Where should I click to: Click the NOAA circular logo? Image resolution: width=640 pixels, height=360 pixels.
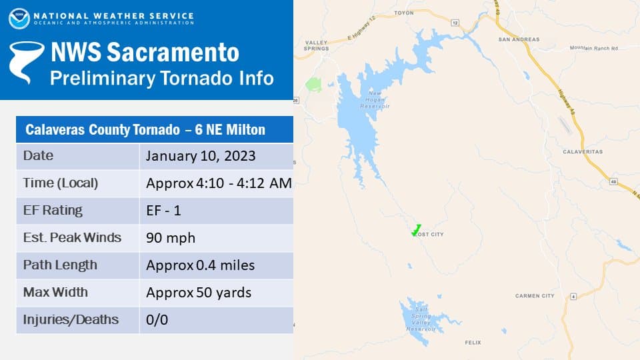coord(19,18)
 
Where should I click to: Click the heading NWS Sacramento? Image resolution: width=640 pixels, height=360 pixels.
coord(145,52)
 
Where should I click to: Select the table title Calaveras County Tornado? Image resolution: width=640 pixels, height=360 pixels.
coord(145,129)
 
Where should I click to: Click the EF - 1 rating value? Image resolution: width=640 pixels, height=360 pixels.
coord(164,211)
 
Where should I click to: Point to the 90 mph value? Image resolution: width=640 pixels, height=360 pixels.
coord(171,238)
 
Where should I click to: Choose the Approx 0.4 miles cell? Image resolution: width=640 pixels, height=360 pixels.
coord(200,265)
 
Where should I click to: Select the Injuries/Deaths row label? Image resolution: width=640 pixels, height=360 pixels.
coord(71,319)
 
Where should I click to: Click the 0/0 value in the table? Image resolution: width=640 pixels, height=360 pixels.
coord(157,320)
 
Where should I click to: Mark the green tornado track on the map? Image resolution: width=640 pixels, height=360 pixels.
coord(416,230)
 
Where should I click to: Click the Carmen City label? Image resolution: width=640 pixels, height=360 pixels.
coord(535,295)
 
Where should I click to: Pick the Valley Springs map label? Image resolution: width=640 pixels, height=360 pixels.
coord(316,45)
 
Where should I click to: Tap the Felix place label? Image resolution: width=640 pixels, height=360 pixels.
coord(472,342)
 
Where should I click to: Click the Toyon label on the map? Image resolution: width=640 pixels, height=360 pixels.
coord(404,13)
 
